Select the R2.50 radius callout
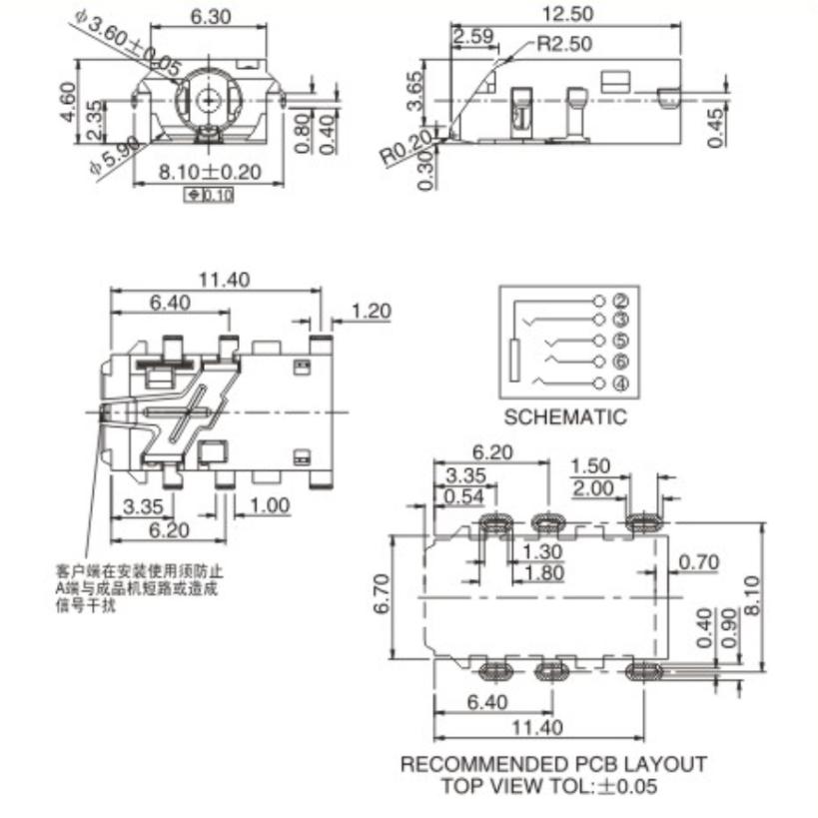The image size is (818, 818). pos(563,44)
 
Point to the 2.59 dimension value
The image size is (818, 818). pos(472,37)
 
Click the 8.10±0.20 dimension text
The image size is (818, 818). pos(210,172)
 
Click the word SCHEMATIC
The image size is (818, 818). pos(565,416)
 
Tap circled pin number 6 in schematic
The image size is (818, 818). pos(620,362)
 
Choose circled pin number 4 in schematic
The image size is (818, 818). pos(620,384)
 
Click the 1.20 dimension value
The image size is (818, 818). pos(372,311)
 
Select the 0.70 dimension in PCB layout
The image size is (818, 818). pos(698,563)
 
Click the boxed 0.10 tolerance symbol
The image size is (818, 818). pos(210,195)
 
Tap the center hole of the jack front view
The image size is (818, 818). pos(208,98)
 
